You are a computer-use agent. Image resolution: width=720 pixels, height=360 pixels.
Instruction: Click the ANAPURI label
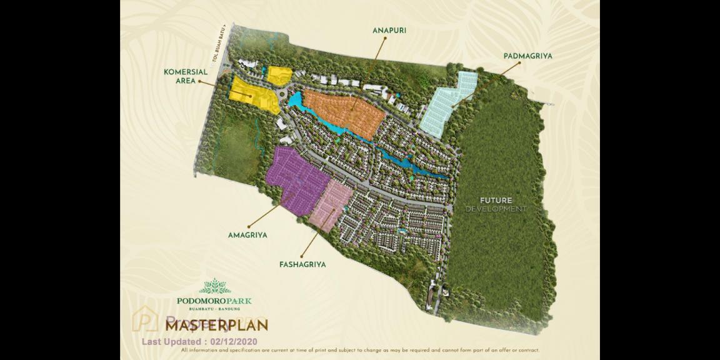click(389, 30)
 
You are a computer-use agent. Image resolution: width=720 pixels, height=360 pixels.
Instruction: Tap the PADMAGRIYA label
click(527, 56)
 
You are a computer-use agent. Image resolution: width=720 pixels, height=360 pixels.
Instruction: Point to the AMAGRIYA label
click(247, 236)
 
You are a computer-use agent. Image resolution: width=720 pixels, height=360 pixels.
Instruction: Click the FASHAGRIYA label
click(302, 264)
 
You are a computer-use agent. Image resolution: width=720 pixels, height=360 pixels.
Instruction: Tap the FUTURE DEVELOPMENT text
click(496, 204)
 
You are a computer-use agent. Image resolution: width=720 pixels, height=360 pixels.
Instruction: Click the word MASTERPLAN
click(217, 324)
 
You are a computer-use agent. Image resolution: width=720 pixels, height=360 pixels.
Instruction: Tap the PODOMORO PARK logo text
click(214, 301)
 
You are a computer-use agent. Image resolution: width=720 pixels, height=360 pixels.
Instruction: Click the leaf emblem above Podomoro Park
click(215, 286)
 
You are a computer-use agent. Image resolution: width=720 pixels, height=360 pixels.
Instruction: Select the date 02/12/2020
click(234, 342)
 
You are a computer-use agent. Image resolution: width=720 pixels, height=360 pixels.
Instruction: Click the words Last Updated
click(172, 342)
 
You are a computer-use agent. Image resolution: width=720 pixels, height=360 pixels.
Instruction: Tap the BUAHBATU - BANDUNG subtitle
click(214, 309)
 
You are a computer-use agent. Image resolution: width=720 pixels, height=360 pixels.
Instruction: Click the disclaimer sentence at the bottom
click(359, 351)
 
